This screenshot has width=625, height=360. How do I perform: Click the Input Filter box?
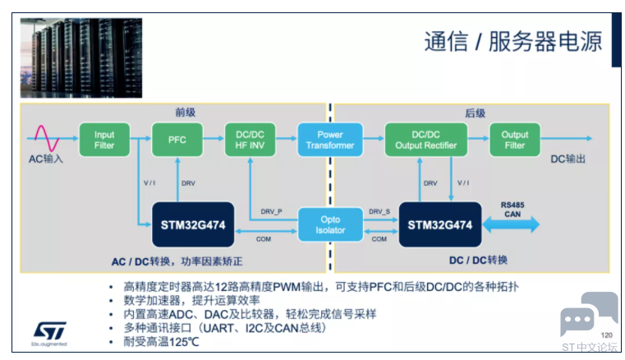tap(104, 140)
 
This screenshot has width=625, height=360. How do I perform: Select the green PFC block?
tap(177, 140)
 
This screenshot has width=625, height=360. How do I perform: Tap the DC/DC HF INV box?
tap(250, 140)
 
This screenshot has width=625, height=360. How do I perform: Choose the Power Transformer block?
tap(330, 140)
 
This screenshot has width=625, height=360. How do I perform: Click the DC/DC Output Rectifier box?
tap(426, 140)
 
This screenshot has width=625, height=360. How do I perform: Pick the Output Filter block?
tap(515, 140)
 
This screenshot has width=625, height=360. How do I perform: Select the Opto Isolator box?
tap(330, 224)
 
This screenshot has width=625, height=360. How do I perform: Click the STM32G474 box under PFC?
tap(193, 224)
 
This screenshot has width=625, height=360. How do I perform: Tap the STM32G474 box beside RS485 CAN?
tap(440, 224)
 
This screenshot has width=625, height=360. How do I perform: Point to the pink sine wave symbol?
tap(47, 138)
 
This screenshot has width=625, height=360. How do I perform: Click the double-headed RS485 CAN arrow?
tap(511, 224)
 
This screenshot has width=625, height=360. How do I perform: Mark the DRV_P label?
tap(272, 211)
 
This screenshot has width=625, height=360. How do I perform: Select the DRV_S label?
tap(379, 211)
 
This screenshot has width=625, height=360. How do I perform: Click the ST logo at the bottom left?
tap(49, 334)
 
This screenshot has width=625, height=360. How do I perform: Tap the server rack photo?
tap(81, 58)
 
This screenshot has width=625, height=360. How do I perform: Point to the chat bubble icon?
tap(589, 314)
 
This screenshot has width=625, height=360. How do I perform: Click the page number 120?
tap(607, 335)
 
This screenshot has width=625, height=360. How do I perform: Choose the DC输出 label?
tap(568, 159)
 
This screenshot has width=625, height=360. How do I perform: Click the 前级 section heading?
tap(186, 113)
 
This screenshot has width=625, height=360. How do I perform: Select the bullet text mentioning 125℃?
tap(161, 342)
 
